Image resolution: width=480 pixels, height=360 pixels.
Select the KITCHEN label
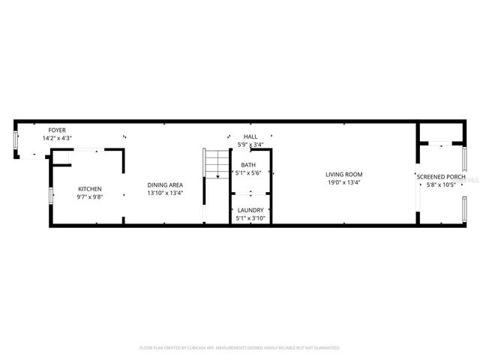coord(90,189)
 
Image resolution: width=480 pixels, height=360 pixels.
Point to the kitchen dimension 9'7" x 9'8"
coord(90,196)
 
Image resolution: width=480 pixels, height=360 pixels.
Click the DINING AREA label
coord(165,185)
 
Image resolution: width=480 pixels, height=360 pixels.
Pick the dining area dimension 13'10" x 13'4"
coord(165,193)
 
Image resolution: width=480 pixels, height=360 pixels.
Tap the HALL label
coord(250,136)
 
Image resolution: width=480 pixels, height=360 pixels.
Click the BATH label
coord(248,165)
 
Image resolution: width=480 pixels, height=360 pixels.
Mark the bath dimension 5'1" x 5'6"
coord(248,172)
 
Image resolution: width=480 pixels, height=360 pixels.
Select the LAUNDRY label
coord(250,211)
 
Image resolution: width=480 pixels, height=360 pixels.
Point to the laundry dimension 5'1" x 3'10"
coord(250,218)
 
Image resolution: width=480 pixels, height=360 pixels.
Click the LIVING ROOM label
coord(344,174)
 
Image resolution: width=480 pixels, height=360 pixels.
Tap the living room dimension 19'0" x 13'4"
coord(344,181)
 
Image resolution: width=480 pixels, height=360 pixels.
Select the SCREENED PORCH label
coord(441,176)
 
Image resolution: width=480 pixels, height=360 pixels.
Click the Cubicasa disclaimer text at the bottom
coord(240,348)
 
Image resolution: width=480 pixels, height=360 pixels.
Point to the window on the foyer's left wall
coord(16,142)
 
